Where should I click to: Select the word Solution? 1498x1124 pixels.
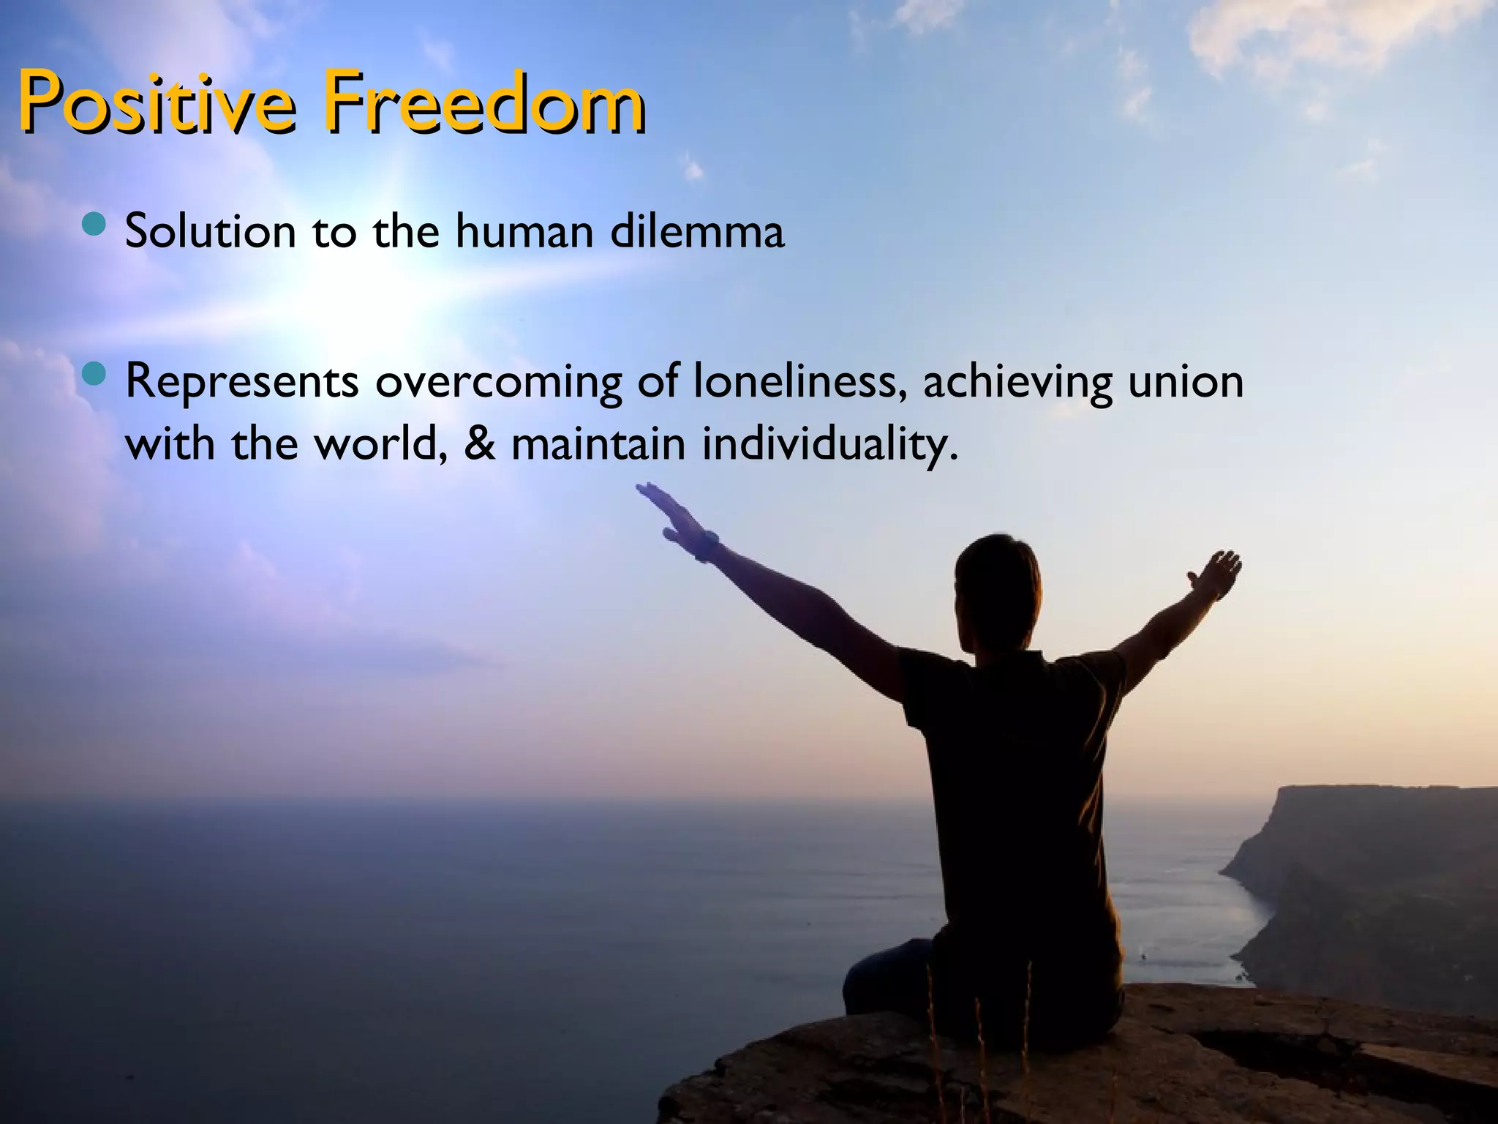pyautogui.click(x=210, y=231)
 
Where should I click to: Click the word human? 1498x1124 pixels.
pyautogui.click(x=524, y=231)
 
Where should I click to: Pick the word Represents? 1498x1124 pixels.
pyautogui.click(x=242, y=382)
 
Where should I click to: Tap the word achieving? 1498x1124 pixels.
pyautogui.click(x=1017, y=382)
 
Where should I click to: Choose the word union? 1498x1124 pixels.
pyautogui.click(x=1186, y=381)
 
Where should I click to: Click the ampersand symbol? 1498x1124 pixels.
pyautogui.click(x=479, y=443)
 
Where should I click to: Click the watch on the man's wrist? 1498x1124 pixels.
pyautogui.click(x=705, y=545)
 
